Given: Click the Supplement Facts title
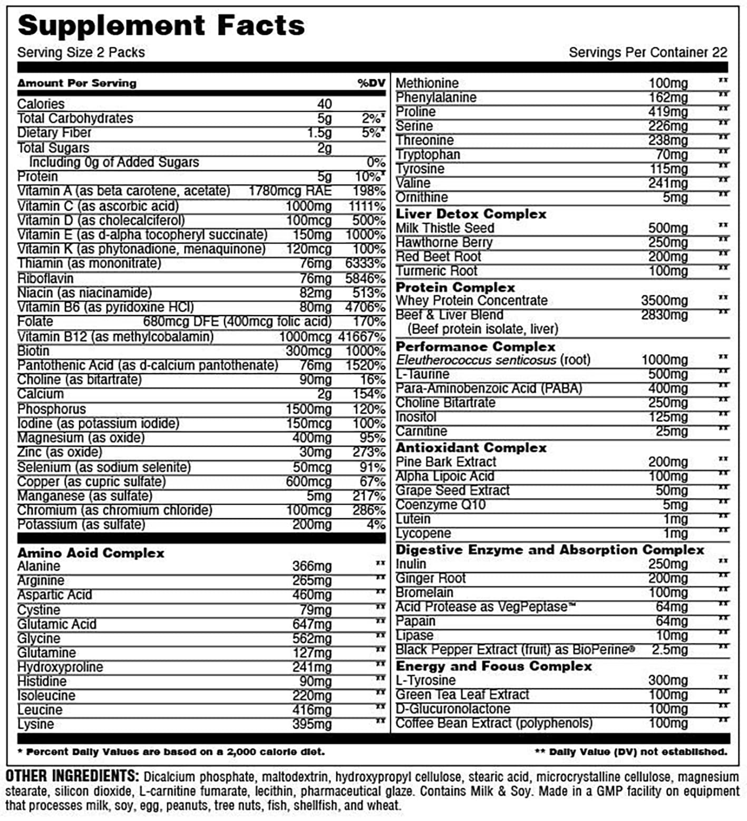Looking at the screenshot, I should (x=161, y=26).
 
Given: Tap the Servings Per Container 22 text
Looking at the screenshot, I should (x=647, y=53).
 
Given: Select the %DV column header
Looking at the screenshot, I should (x=371, y=83).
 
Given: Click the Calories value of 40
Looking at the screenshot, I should (x=324, y=104).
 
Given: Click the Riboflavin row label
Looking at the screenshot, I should (x=45, y=278).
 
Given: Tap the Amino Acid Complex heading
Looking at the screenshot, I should (x=91, y=553).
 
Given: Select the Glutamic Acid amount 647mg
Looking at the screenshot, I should (x=312, y=624).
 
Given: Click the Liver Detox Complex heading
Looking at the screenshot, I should (x=471, y=214).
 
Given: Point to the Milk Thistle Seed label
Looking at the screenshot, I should (x=444, y=228).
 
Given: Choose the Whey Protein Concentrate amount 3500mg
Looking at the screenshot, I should (x=664, y=301).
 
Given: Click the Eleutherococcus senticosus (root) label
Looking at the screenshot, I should (x=493, y=360).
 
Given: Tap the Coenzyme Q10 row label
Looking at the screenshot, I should (x=440, y=505).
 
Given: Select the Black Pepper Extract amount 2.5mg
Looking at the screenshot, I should (x=670, y=650).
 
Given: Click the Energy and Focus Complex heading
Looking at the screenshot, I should (x=493, y=666).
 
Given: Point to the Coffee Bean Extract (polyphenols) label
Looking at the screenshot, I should (x=493, y=724).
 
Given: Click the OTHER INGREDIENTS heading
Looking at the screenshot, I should (x=72, y=776).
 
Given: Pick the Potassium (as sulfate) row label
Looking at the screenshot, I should (x=81, y=525).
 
